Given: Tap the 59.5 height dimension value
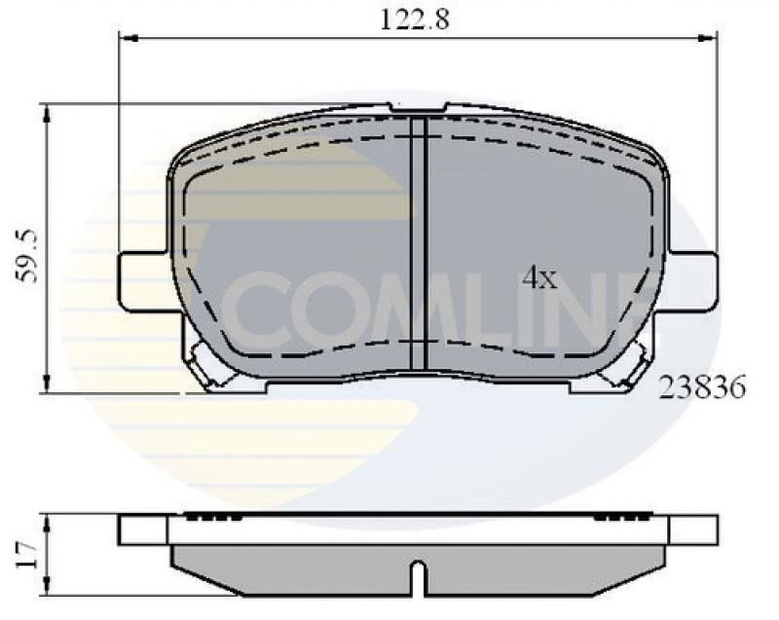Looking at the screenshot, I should pos(28,256).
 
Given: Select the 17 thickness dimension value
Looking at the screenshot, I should pos(27,555).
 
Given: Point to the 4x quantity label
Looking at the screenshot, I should pos(538,279).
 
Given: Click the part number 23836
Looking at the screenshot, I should pos(701,388).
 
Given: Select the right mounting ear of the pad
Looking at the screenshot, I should pos(692,281).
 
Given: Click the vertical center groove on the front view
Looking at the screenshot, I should pos(419,243).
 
